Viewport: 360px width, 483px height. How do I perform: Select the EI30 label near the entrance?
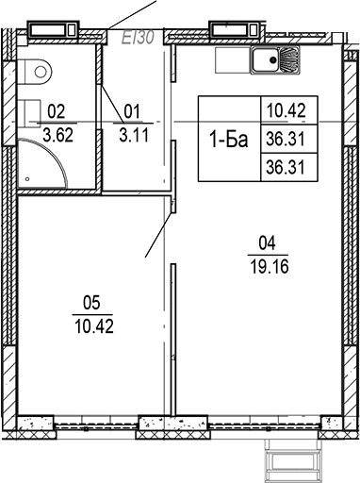(x=138, y=38)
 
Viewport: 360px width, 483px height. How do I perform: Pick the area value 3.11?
(x=131, y=135)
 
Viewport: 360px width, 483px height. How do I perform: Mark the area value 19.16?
(x=267, y=266)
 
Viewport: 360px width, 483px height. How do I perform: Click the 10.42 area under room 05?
(x=92, y=327)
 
